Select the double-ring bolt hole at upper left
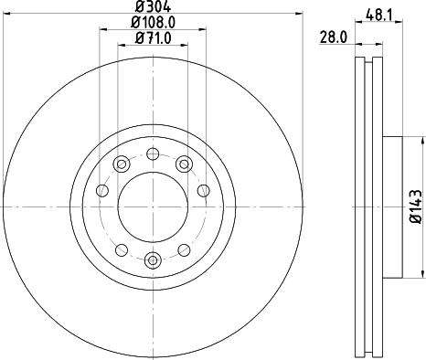click(121, 164)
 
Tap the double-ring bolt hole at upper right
click(184, 164)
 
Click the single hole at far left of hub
click(101, 191)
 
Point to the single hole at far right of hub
click(202, 191)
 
